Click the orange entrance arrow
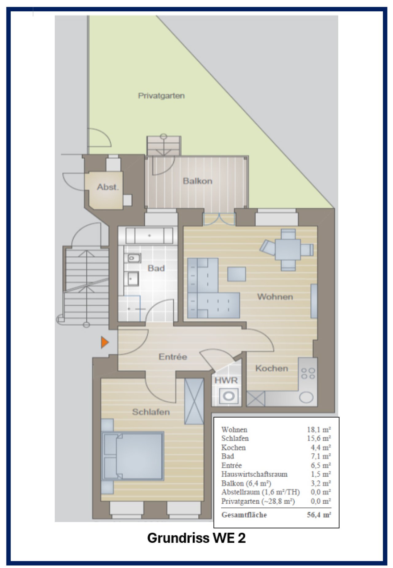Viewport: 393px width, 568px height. click(x=105, y=342)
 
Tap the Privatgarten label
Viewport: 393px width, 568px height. click(x=161, y=96)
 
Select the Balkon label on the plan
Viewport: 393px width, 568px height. click(x=197, y=181)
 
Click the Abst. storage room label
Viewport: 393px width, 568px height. click(x=108, y=187)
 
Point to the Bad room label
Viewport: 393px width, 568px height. click(x=156, y=268)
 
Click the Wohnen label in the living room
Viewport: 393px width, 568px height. click(x=275, y=297)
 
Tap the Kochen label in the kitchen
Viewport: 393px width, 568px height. click(x=272, y=368)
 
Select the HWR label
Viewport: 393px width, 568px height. click(x=226, y=381)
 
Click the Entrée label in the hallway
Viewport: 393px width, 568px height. click(x=173, y=357)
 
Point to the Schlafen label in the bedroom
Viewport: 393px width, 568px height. click(x=151, y=412)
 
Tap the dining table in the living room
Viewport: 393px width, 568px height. click(x=288, y=250)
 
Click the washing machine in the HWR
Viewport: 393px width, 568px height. click(x=228, y=396)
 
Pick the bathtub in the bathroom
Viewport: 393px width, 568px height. click(x=150, y=236)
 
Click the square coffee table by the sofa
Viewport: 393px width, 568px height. click(x=236, y=274)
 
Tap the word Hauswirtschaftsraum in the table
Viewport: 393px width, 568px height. click(x=255, y=474)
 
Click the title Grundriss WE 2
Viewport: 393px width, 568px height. click(x=196, y=538)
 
